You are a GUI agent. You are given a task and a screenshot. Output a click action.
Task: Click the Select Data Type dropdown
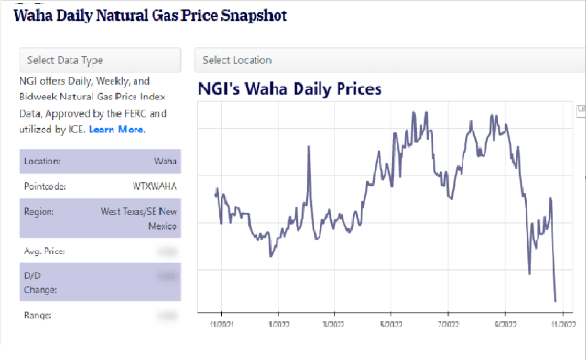pyautogui.click(x=100, y=61)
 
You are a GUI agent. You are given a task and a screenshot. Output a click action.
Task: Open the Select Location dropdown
pyautogui.click(x=390, y=61)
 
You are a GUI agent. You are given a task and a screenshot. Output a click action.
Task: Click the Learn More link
pyautogui.click(x=116, y=129)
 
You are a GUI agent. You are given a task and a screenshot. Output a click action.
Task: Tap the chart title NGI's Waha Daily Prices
pyautogui.click(x=289, y=88)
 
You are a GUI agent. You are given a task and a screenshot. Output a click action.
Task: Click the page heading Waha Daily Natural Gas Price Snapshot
pyautogui.click(x=150, y=15)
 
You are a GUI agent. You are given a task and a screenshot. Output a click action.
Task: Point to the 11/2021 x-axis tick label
pyautogui.click(x=221, y=325)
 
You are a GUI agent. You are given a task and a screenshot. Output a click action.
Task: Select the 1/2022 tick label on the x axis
pyautogui.click(x=278, y=325)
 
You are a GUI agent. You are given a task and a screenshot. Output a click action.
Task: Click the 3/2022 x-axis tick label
pyautogui.click(x=334, y=325)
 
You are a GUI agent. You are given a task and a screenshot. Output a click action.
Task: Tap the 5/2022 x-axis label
pyautogui.click(x=391, y=325)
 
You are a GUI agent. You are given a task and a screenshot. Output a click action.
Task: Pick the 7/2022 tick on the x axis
pyautogui.click(x=448, y=325)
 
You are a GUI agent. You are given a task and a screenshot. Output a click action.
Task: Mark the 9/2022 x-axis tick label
pyautogui.click(x=505, y=325)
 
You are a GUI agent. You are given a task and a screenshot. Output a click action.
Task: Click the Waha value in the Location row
pyautogui.click(x=165, y=161)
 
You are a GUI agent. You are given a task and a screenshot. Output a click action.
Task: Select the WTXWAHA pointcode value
pyautogui.click(x=155, y=187)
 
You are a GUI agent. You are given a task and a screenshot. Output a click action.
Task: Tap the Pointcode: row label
pyautogui.click(x=45, y=187)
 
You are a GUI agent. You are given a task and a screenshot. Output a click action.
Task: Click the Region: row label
pyautogui.click(x=38, y=212)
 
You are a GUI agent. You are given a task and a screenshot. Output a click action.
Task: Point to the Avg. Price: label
pyautogui.click(x=44, y=252)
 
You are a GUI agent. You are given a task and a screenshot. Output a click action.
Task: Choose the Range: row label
pyautogui.click(x=37, y=315)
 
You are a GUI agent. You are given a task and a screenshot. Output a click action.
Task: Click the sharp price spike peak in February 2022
pyautogui.click(x=309, y=147)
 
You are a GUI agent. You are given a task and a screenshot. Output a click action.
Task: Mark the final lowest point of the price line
pyautogui.click(x=555, y=301)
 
